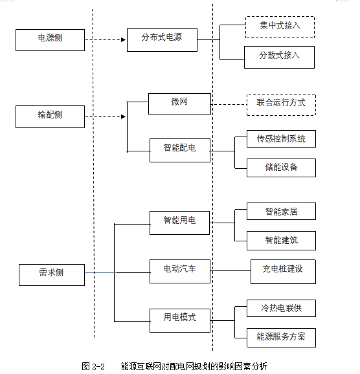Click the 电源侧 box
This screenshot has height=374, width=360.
point(50,40)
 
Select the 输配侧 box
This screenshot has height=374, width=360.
point(50,116)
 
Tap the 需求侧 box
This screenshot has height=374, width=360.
point(52,275)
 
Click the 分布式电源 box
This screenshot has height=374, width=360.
point(162,40)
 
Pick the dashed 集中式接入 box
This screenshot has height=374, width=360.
point(280,27)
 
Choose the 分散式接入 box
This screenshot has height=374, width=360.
point(279,57)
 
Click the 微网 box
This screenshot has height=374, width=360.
point(179,104)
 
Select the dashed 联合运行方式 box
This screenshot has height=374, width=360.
point(281,105)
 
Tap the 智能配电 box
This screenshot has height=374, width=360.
point(180,150)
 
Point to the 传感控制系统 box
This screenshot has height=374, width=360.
point(281,138)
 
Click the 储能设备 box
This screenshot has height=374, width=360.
point(281,168)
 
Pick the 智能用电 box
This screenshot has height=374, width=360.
point(180,223)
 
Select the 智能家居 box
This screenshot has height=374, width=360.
point(281,211)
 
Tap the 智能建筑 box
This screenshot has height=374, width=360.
point(281,241)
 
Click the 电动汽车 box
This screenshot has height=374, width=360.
point(180,271)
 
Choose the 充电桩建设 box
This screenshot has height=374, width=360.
point(283,272)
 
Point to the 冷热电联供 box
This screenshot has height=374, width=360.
point(281,308)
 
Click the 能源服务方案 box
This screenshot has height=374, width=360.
point(281,338)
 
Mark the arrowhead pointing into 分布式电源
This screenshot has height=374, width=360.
point(124,40)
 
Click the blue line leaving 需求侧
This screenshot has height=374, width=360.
point(100,272)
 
